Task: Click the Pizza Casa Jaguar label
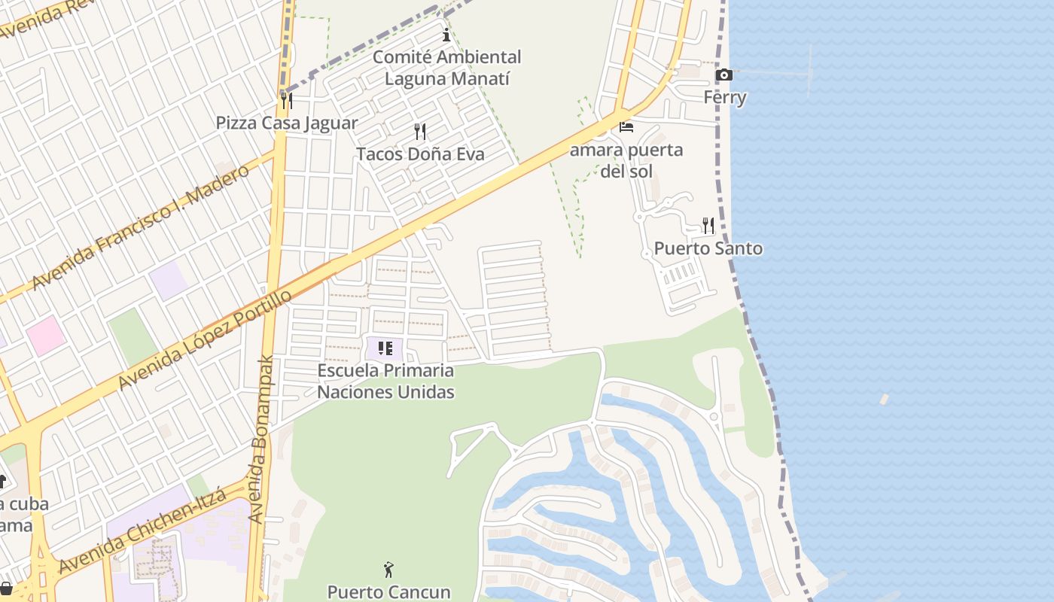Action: (x=287, y=123)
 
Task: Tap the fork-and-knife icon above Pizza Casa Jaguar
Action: (x=287, y=100)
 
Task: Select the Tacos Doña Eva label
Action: (x=420, y=154)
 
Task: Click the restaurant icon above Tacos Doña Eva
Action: (x=420, y=132)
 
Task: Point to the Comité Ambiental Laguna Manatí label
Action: (x=447, y=68)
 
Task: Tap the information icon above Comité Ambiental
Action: (x=446, y=35)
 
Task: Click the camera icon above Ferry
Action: (x=724, y=74)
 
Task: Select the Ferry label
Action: (x=725, y=97)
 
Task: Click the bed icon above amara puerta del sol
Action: (x=626, y=126)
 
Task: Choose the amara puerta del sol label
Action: (x=626, y=160)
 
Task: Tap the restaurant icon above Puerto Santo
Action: (x=708, y=225)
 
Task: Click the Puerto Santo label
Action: (x=708, y=248)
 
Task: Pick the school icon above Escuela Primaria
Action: (x=385, y=348)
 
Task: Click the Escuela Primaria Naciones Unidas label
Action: (x=385, y=381)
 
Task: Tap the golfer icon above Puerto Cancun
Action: (x=388, y=570)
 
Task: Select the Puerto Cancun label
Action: (x=388, y=592)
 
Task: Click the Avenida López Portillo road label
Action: (x=205, y=340)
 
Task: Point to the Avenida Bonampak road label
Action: (x=261, y=439)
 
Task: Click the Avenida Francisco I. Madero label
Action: (x=141, y=227)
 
